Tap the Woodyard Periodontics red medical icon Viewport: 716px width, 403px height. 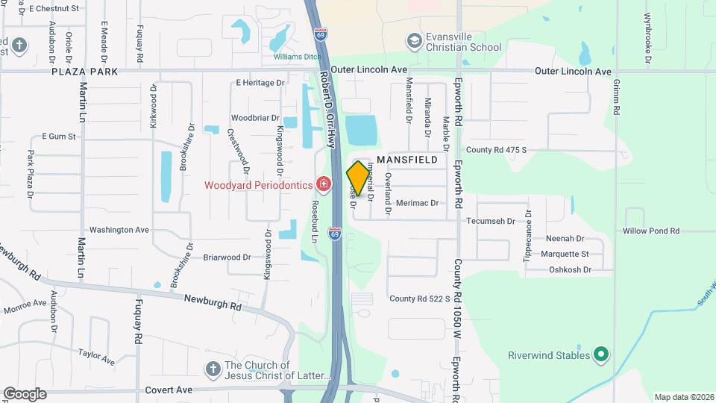(323, 183)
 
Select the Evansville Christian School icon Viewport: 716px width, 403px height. (414, 40)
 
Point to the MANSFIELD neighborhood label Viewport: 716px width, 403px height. (407, 160)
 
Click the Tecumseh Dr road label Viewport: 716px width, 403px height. (491, 221)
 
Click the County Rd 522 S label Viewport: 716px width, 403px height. (420, 299)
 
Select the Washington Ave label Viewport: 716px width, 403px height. (119, 230)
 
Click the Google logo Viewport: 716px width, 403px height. (25, 394)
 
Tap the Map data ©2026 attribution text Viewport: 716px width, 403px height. (683, 397)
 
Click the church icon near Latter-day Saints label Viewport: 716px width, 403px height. (213, 369)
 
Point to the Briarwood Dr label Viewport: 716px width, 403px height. (227, 257)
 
